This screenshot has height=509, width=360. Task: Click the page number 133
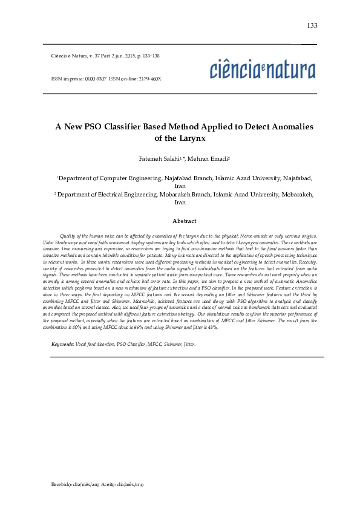tap(312, 25)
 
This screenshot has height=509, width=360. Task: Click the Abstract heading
tap(184, 221)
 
